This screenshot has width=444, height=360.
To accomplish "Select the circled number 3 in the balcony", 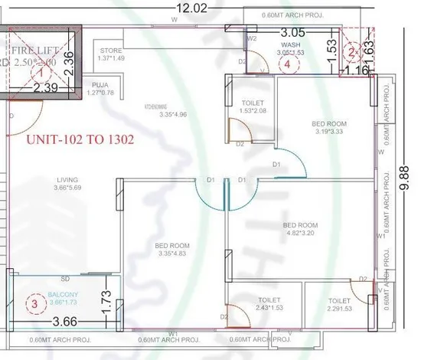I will coord(33,303).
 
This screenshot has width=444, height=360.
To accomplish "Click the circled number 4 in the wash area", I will coord(287,65).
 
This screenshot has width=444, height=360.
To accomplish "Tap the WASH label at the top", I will coord(290,45).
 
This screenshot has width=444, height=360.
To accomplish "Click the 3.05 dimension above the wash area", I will coord(294,34).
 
